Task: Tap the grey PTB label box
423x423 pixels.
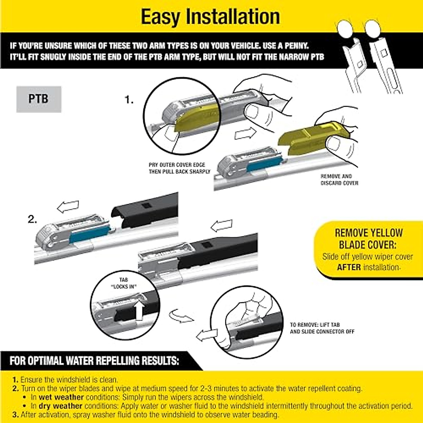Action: [39, 99]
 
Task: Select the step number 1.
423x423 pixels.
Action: [129, 100]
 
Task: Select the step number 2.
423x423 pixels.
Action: [32, 219]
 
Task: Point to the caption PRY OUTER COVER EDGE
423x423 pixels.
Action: [177, 165]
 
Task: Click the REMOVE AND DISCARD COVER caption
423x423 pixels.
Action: [339, 179]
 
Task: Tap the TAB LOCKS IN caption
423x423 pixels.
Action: [124, 283]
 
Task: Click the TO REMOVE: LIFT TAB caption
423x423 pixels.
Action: [322, 328]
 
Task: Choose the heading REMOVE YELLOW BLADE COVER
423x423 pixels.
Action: [368, 239]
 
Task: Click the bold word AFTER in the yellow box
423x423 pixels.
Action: [349, 267]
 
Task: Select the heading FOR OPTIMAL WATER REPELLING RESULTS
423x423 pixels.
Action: [94, 361]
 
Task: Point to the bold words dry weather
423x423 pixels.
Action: [60, 406]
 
